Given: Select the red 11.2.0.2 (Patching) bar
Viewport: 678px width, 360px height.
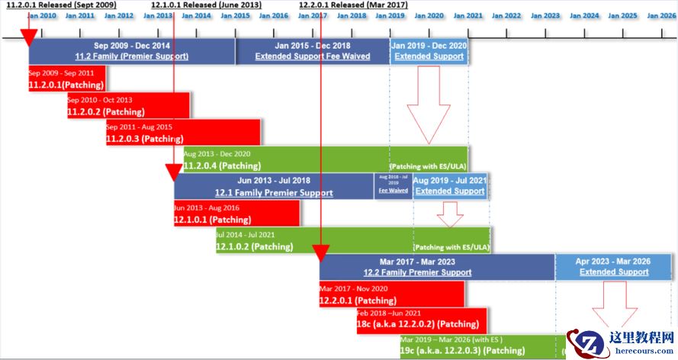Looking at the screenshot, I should (128, 106).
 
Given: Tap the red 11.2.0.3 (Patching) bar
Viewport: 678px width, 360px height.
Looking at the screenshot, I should (183, 133).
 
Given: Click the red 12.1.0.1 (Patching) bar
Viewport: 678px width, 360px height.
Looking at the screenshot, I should (236, 214).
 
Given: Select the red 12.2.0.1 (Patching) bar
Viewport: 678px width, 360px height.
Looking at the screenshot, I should (391, 294).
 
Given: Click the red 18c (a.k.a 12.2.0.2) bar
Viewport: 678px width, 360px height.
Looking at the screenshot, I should (420, 321).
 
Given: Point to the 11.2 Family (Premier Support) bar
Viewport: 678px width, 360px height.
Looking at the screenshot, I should (132, 51).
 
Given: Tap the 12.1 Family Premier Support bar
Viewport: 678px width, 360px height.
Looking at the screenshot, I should (274, 186).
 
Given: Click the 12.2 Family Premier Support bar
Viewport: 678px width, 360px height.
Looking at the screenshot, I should (436, 267).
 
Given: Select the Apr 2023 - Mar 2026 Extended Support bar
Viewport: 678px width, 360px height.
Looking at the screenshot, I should (613, 267).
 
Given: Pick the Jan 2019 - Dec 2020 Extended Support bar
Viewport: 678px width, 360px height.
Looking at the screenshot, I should (429, 51).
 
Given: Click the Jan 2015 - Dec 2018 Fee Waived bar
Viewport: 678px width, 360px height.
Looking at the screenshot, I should (312, 51).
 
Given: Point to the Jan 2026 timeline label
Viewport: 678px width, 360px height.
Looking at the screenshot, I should (660, 15).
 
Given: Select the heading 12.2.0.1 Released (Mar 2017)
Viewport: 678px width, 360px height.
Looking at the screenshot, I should (352, 5).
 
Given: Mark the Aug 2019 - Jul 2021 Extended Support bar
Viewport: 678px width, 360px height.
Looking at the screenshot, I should (449, 186).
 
